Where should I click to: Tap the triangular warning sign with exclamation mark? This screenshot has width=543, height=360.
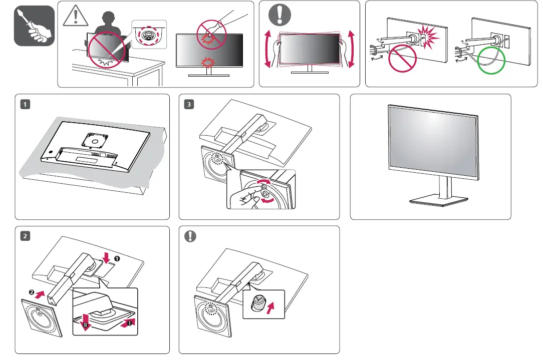[x=75, y=19]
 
